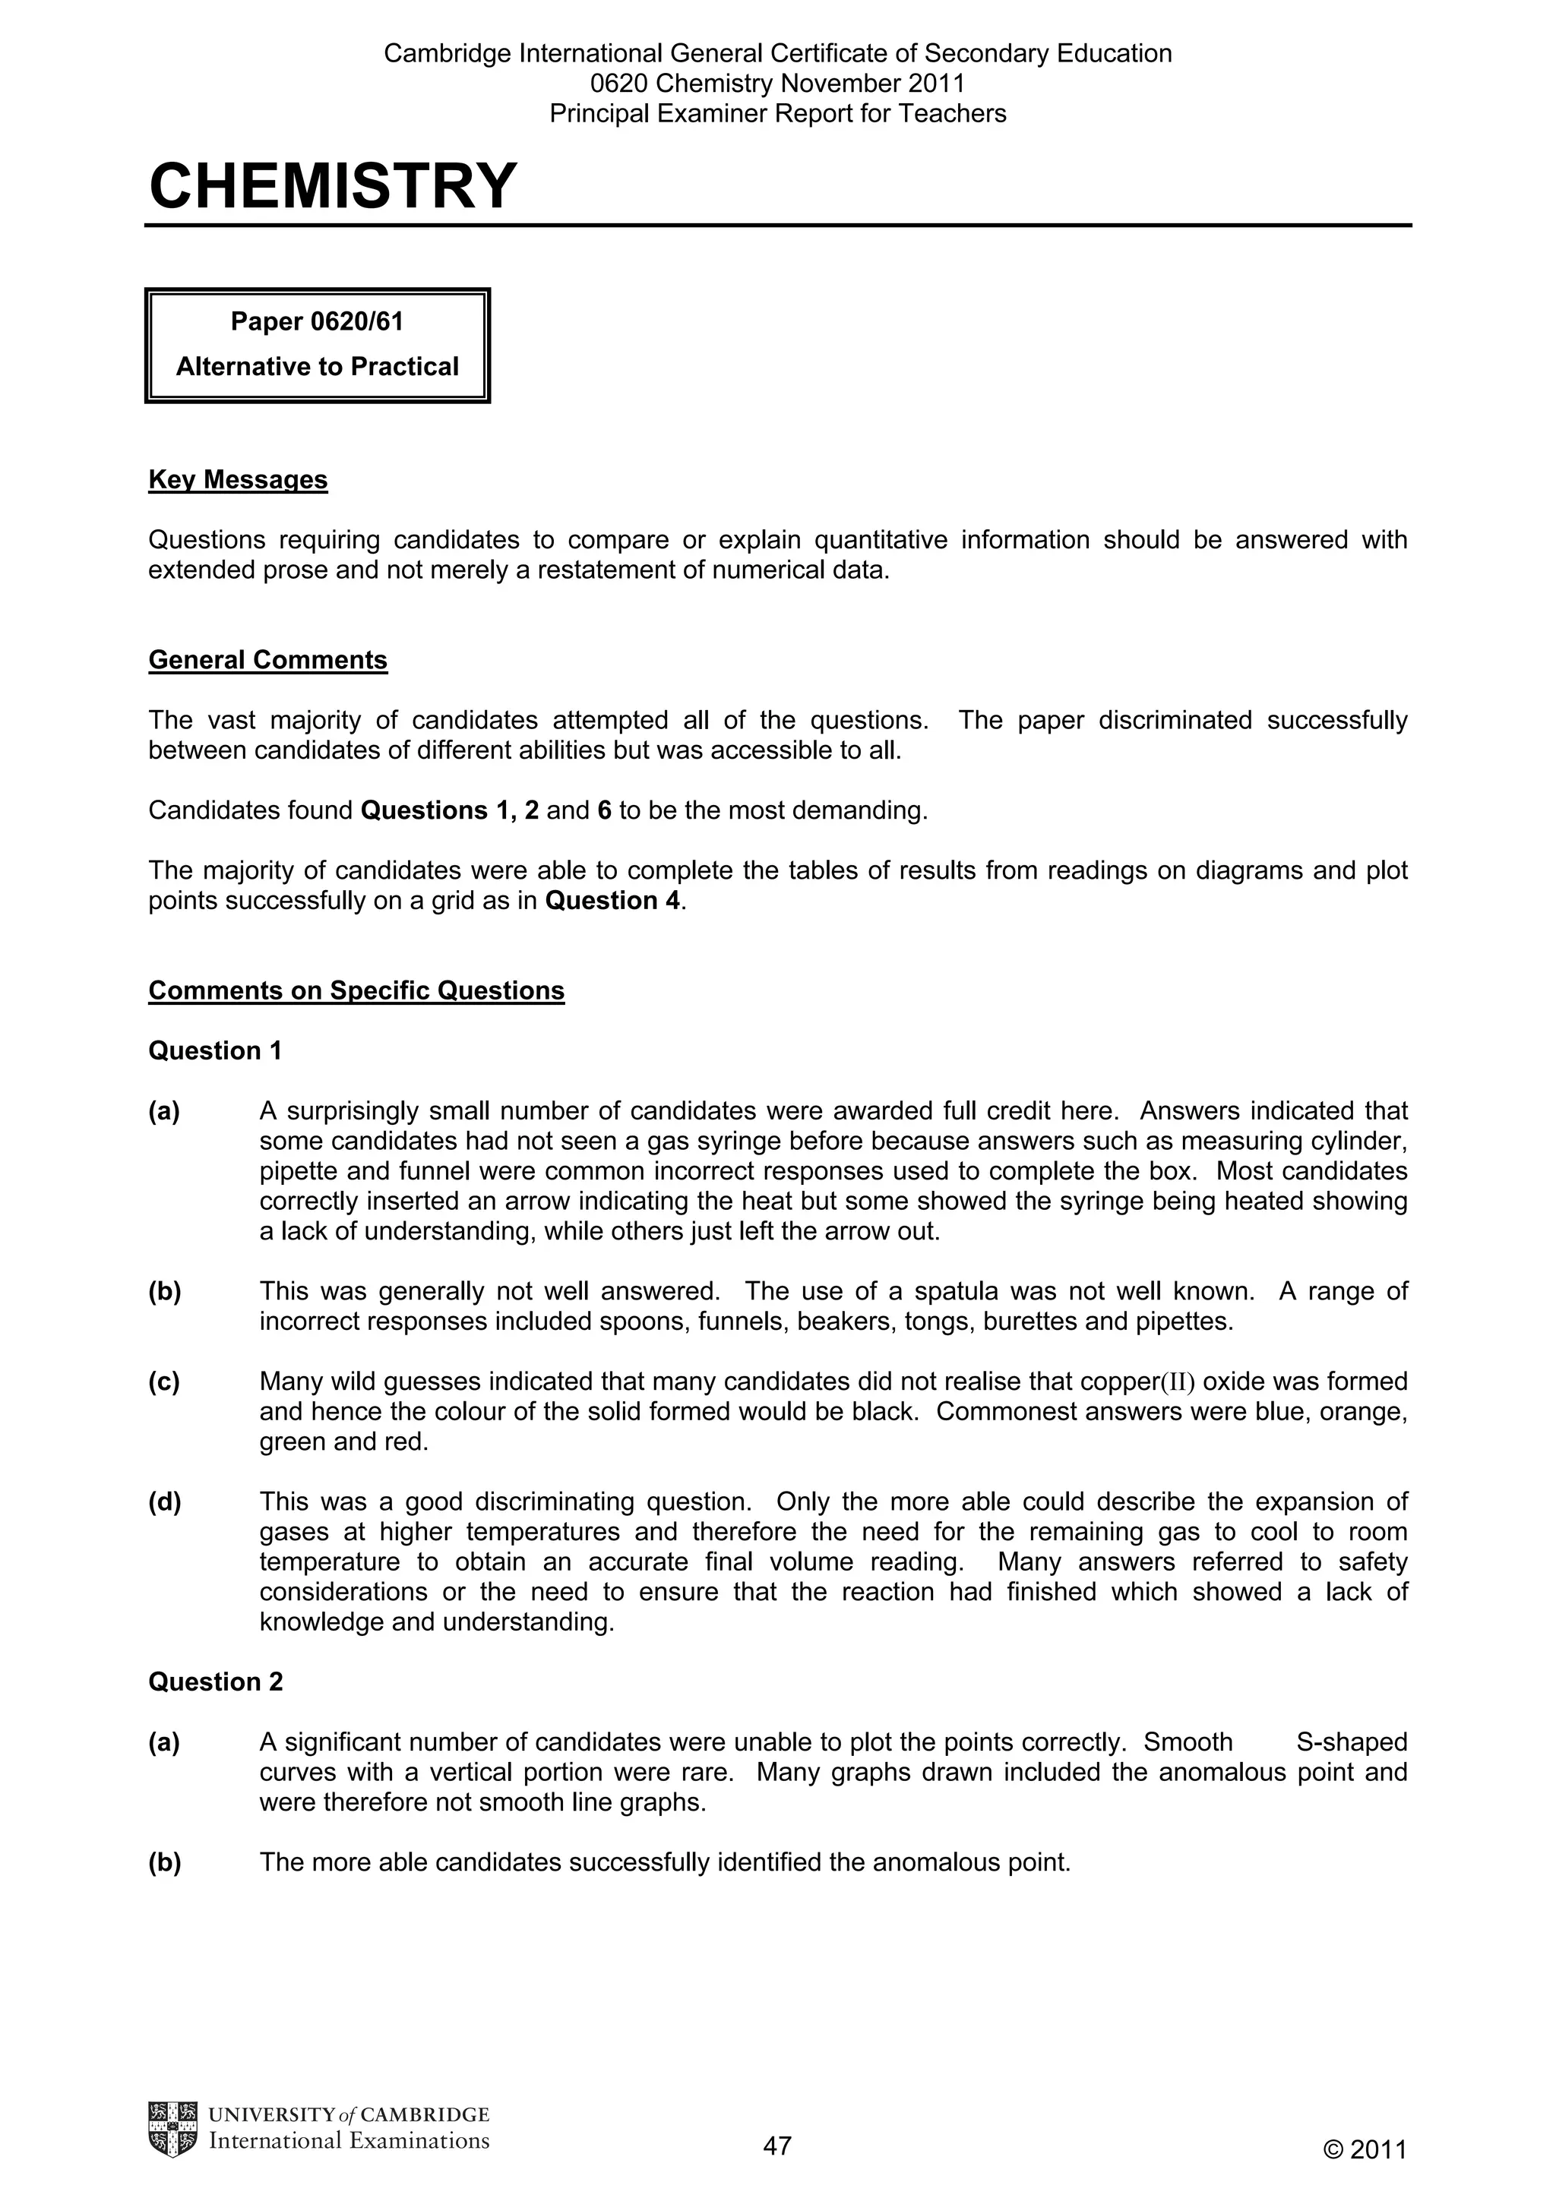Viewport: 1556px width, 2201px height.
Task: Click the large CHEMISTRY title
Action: coord(333,186)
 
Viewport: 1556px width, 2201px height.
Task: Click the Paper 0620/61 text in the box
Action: coord(318,321)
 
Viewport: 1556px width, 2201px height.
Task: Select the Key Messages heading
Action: coord(238,479)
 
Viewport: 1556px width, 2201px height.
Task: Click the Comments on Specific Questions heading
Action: coord(356,990)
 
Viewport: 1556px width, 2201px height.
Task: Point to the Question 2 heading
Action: coord(215,1682)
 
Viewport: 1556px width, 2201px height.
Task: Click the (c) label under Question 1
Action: coord(164,1382)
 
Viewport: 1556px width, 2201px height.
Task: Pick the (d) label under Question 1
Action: coord(164,1502)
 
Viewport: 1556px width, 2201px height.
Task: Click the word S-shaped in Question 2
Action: coord(1351,1742)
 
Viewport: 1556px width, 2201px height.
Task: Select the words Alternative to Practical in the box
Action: coord(318,366)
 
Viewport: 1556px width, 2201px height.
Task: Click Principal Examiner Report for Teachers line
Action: coord(777,114)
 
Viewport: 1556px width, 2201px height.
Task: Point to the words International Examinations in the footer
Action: coord(349,2140)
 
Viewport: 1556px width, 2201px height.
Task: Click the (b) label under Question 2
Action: coord(164,1862)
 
